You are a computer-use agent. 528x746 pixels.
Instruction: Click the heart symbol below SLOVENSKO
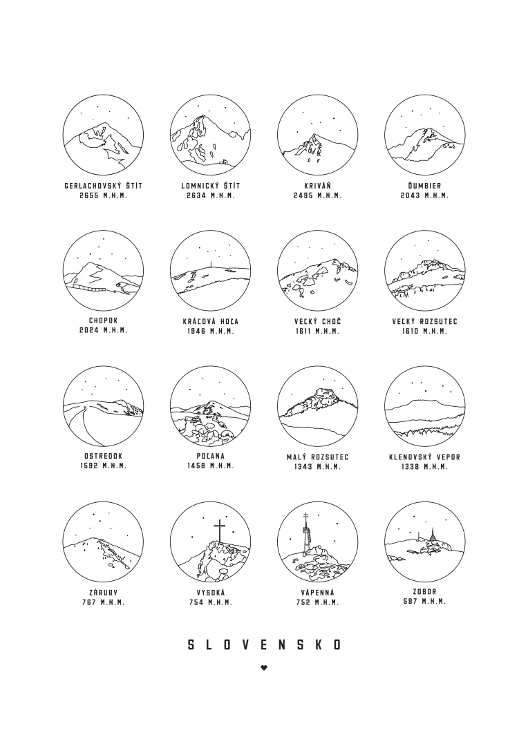tap(264, 667)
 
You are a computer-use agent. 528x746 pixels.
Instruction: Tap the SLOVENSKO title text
tap(264, 644)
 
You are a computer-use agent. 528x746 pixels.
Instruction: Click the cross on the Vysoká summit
tap(219, 531)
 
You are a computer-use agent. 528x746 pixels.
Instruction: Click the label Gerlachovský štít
tap(103, 186)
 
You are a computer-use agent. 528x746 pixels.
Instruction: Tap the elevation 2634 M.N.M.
tap(210, 195)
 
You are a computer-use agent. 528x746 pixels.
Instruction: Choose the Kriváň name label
tap(318, 186)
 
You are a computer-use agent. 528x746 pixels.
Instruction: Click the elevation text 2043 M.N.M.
tap(424, 195)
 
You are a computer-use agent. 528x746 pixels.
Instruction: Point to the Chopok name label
tap(103, 321)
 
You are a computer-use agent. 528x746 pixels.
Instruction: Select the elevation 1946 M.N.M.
tap(210, 331)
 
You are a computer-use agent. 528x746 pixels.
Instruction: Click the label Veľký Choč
tap(318, 321)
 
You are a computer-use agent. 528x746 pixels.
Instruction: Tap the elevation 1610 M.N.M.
tap(425, 331)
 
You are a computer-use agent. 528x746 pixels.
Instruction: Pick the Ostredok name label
tap(103, 457)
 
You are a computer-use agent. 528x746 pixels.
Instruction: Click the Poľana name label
tap(210, 456)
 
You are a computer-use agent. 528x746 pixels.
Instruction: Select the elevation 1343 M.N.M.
tap(318, 467)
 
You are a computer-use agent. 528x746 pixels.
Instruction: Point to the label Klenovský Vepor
tap(425, 457)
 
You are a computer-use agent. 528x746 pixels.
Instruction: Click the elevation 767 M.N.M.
tap(103, 602)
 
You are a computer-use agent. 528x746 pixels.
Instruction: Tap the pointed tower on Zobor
tap(433, 537)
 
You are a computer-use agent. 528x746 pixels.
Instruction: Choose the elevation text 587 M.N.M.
tap(425, 602)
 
